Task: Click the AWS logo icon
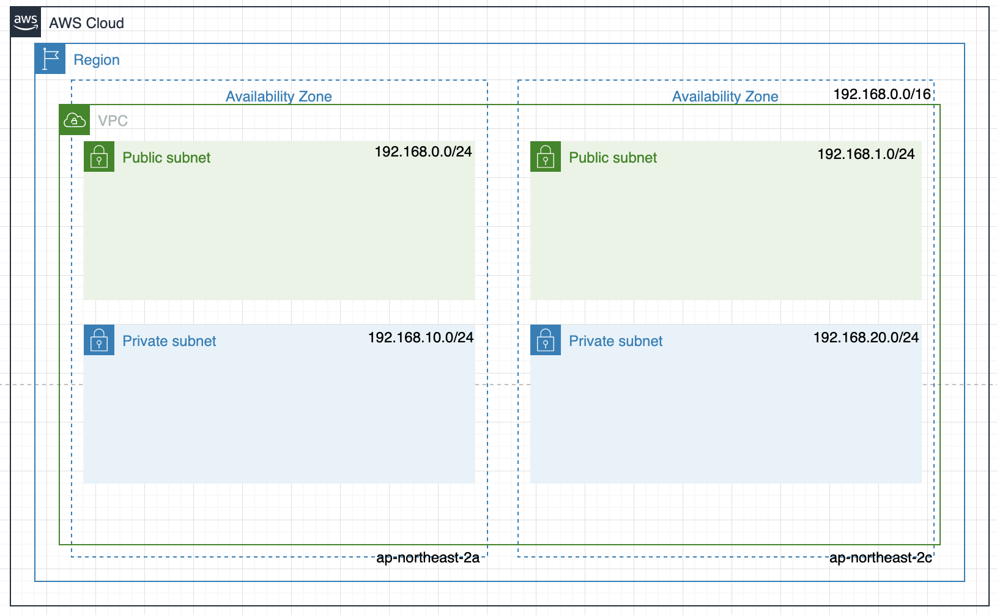(26, 23)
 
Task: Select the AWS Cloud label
(86, 23)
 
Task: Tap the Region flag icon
(50, 59)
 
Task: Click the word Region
(97, 60)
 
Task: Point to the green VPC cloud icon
(75, 120)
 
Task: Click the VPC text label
(113, 120)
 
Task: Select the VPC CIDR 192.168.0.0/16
(882, 94)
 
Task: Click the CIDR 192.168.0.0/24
(423, 152)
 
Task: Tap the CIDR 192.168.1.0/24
(866, 154)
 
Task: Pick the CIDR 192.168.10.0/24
(421, 337)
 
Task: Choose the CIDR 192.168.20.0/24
(866, 337)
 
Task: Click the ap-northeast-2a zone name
(428, 558)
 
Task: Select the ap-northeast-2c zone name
(881, 558)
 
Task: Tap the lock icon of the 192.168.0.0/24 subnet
(99, 157)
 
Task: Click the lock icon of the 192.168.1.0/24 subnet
(546, 157)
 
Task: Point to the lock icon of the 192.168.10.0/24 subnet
(99, 341)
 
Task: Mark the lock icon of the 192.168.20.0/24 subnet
(546, 341)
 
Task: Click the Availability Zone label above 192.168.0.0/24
(279, 97)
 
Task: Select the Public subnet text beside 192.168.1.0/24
(613, 158)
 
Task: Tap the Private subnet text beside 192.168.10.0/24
(169, 341)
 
